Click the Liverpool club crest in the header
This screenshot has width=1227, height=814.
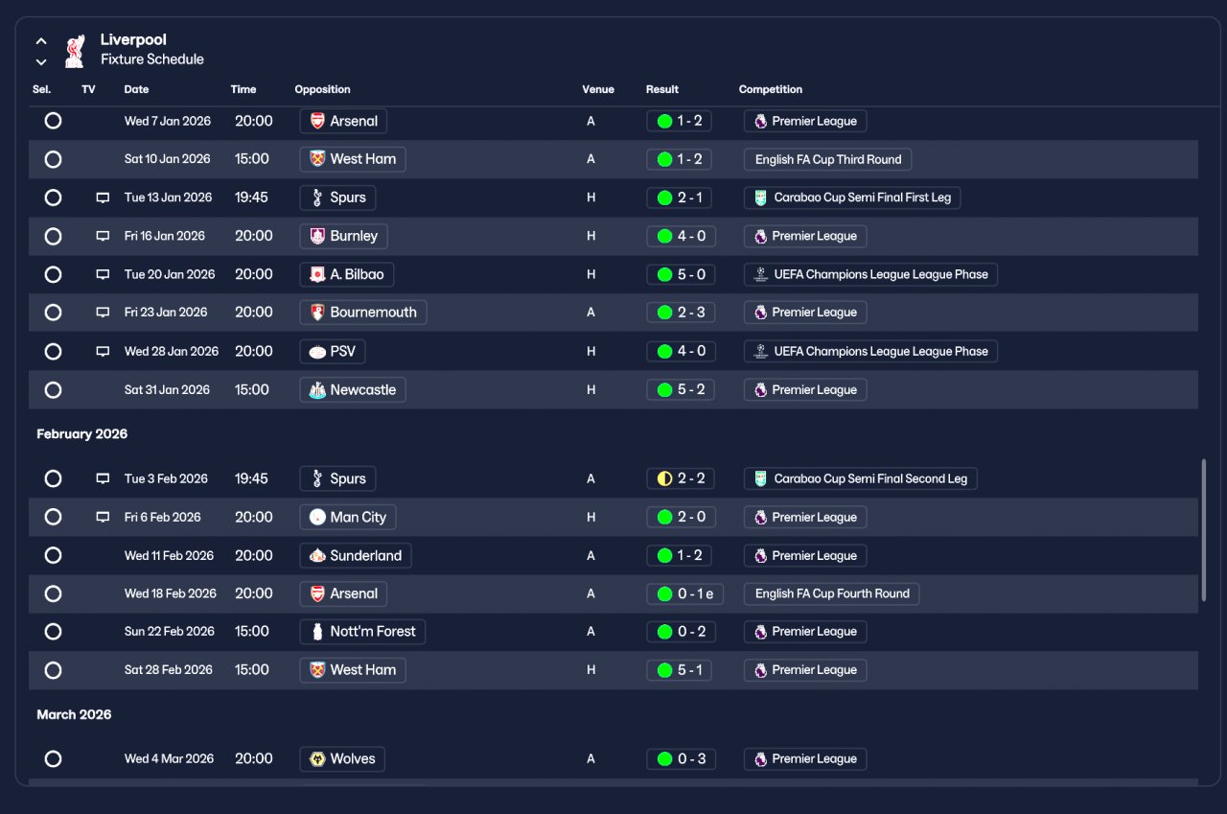pyautogui.click(x=75, y=51)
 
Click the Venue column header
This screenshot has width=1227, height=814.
pyautogui.click(x=597, y=89)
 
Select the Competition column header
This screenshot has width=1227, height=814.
pyautogui.click(x=770, y=89)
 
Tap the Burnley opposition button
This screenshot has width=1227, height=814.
pyautogui.click(x=343, y=236)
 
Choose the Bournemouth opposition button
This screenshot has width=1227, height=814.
pyautogui.click(x=363, y=313)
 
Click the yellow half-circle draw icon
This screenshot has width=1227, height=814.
pyautogui.click(x=664, y=478)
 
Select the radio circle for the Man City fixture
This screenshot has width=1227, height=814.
pyautogui.click(x=53, y=517)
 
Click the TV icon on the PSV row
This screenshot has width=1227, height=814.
pyautogui.click(x=103, y=351)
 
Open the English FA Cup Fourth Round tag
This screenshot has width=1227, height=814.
pyautogui.click(x=831, y=593)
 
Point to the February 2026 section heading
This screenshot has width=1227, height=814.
pyautogui.click(x=82, y=433)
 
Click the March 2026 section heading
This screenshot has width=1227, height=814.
pyautogui.click(x=74, y=715)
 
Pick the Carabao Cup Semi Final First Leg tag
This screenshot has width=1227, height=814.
pyautogui.click(x=852, y=198)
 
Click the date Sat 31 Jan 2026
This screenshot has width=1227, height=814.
pyautogui.click(x=167, y=390)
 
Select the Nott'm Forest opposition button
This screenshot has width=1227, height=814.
pyautogui.click(x=362, y=632)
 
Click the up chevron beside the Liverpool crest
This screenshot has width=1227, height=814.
pyautogui.click(x=41, y=41)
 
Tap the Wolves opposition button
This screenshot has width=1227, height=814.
pyautogui.click(x=342, y=759)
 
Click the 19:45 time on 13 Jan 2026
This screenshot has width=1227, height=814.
pyautogui.click(x=251, y=198)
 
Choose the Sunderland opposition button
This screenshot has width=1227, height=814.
pyautogui.click(x=356, y=556)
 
